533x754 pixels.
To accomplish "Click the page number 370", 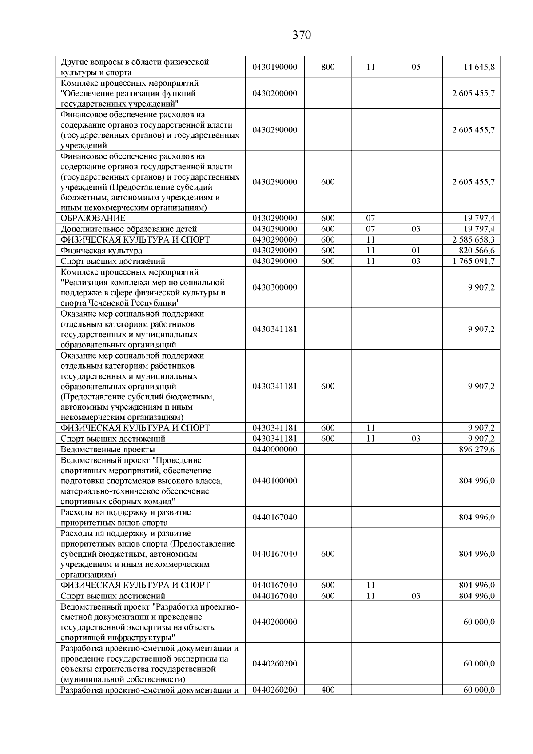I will click(302, 35).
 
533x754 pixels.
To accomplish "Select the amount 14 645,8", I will click(479, 68).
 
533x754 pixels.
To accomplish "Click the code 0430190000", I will click(274, 68).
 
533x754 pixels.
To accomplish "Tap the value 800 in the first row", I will click(328, 68).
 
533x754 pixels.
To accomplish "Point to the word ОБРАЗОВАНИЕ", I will click(93, 218).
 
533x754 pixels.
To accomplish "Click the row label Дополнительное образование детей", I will click(129, 229).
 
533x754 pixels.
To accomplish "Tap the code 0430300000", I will click(274, 287).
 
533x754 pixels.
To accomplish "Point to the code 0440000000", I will click(274, 449).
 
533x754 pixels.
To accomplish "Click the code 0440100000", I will click(274, 481).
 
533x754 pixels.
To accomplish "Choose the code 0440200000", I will click(274, 622).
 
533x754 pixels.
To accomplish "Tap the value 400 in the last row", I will click(328, 690).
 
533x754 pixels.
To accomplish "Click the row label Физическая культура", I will click(101, 251).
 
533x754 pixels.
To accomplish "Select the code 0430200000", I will click(274, 93).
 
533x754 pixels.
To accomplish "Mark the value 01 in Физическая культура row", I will click(416, 251).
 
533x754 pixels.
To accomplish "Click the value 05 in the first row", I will click(416, 68).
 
